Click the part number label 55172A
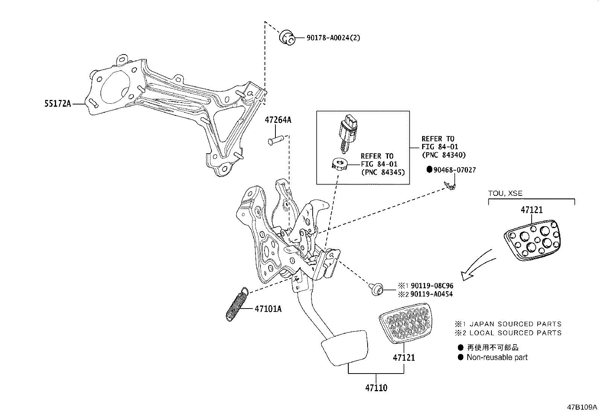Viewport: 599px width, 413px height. [x=58, y=104]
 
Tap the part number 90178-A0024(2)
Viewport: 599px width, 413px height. [x=327, y=38]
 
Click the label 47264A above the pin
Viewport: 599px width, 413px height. [x=278, y=120]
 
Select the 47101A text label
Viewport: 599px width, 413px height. [x=268, y=309]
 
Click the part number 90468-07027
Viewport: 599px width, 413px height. [x=454, y=170]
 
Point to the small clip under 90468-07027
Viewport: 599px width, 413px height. [x=450, y=185]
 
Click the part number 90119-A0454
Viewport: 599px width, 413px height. [x=432, y=294]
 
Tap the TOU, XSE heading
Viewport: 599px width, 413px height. [x=505, y=193]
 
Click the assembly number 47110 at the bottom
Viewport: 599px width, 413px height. [x=376, y=387]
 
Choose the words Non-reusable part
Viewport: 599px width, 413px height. [x=497, y=357]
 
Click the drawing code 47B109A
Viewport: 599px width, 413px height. [x=582, y=407]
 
